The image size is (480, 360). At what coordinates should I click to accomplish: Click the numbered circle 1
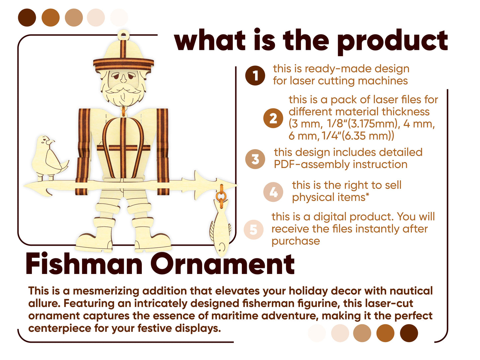point(255,75)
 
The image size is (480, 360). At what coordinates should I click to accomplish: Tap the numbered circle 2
point(273,118)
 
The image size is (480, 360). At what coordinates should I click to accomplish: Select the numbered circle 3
point(255,159)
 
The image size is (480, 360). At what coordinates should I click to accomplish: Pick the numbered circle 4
point(273,192)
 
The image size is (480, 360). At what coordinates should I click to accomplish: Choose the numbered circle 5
point(253,229)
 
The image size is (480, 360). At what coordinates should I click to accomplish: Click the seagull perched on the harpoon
point(49,158)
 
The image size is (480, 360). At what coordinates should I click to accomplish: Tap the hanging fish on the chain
point(220,227)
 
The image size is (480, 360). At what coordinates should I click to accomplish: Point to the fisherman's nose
point(124,78)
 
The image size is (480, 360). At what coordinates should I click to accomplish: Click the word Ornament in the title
point(223,264)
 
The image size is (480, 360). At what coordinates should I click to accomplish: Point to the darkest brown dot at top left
point(27,18)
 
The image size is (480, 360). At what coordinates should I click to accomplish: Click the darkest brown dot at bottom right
point(409,333)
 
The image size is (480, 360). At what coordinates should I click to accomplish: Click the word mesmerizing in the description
point(108,291)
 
